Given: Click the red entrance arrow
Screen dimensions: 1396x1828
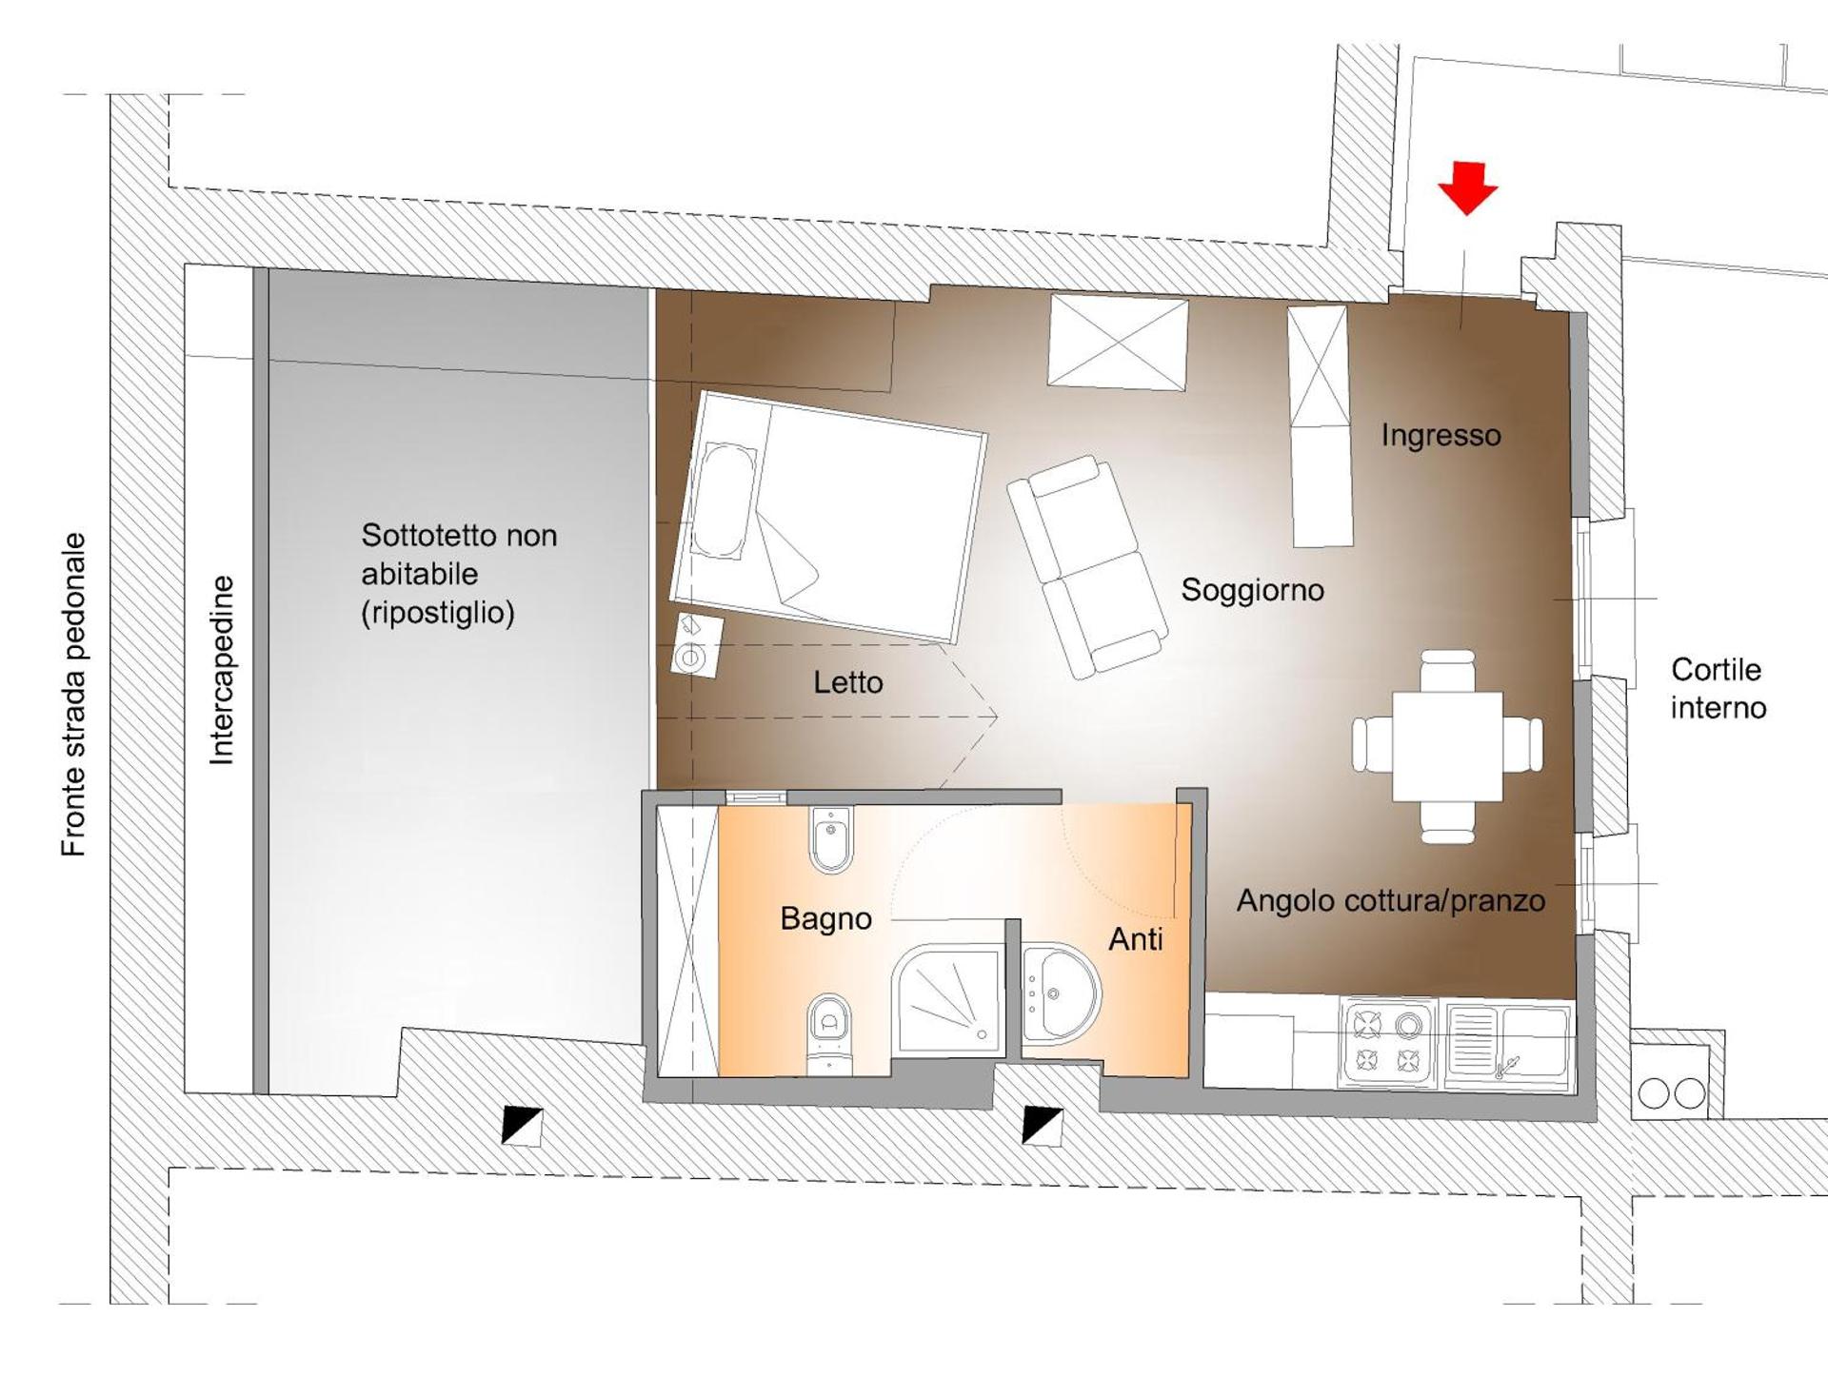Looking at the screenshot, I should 1467,187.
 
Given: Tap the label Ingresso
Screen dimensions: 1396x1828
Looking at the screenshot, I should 1441,436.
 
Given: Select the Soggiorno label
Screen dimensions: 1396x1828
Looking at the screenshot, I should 1252,590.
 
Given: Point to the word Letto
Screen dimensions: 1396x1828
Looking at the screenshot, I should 847,682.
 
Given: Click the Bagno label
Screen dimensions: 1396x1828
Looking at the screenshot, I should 825,918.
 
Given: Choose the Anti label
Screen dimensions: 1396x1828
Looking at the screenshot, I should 1135,940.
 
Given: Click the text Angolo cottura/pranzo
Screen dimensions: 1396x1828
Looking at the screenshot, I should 1390,900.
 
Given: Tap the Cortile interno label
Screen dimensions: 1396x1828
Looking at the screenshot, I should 1718,689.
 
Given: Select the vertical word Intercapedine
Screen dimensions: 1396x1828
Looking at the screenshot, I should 221,670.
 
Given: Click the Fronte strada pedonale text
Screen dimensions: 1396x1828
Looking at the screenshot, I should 73,694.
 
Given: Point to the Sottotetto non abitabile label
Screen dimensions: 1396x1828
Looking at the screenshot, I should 458,574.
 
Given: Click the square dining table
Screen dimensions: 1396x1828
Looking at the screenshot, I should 1447,746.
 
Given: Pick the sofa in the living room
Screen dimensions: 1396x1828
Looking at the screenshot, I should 1087,566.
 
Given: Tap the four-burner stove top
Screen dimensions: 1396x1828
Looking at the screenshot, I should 1387,1042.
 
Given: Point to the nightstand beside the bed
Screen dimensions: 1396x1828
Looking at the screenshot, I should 696,646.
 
